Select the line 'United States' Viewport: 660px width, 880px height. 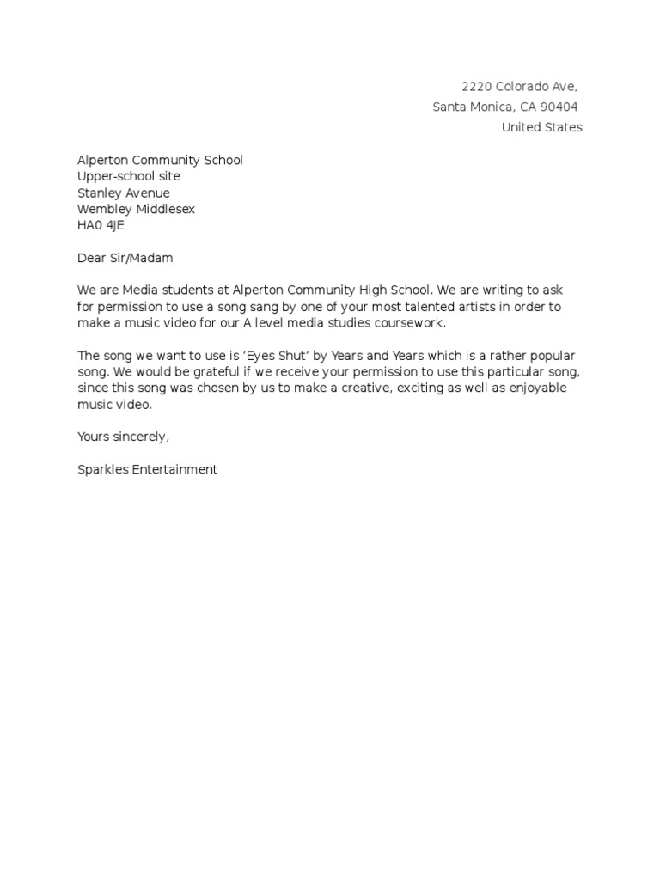(x=541, y=127)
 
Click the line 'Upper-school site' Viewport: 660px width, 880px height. (x=129, y=176)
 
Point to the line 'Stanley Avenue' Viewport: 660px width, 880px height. (x=124, y=193)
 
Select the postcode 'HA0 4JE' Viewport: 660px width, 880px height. (x=101, y=225)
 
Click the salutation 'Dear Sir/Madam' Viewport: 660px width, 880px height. (x=125, y=258)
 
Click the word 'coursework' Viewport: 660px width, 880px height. (x=408, y=323)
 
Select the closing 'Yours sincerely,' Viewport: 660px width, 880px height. (x=124, y=437)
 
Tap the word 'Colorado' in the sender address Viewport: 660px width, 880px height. (x=523, y=86)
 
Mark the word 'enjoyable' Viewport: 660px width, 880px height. (x=538, y=388)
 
